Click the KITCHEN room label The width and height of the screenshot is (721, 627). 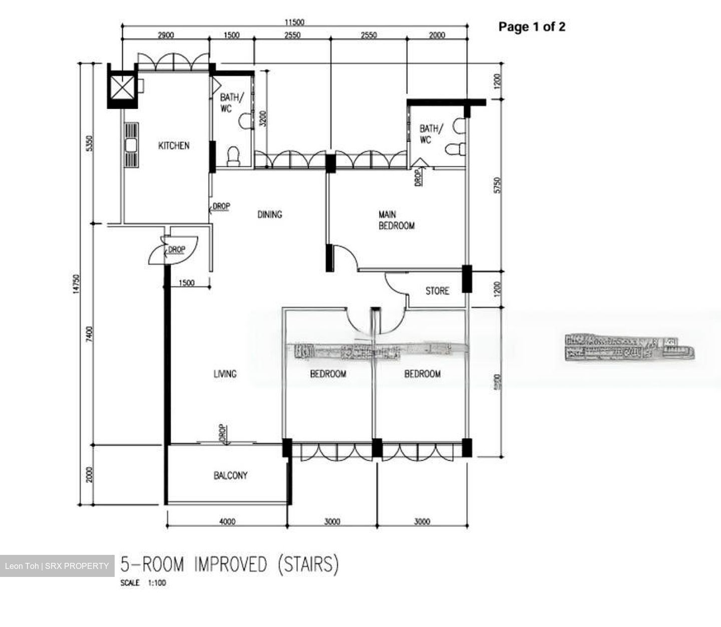(174, 146)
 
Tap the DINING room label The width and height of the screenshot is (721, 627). (269, 214)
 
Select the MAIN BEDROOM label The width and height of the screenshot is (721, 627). (396, 220)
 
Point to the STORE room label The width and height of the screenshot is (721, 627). (437, 291)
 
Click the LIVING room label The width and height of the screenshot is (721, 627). (225, 374)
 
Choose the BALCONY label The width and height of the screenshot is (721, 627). (230, 475)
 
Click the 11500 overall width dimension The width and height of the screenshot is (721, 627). (294, 22)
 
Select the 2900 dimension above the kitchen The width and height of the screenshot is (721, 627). (166, 35)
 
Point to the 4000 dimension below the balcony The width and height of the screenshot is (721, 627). (227, 521)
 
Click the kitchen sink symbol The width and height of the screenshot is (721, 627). (132, 146)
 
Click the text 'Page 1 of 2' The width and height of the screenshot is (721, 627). (531, 27)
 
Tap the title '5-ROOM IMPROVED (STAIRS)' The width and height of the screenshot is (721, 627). (229, 565)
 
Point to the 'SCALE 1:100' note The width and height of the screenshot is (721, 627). (143, 583)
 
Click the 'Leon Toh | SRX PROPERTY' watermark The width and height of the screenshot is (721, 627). (57, 566)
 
